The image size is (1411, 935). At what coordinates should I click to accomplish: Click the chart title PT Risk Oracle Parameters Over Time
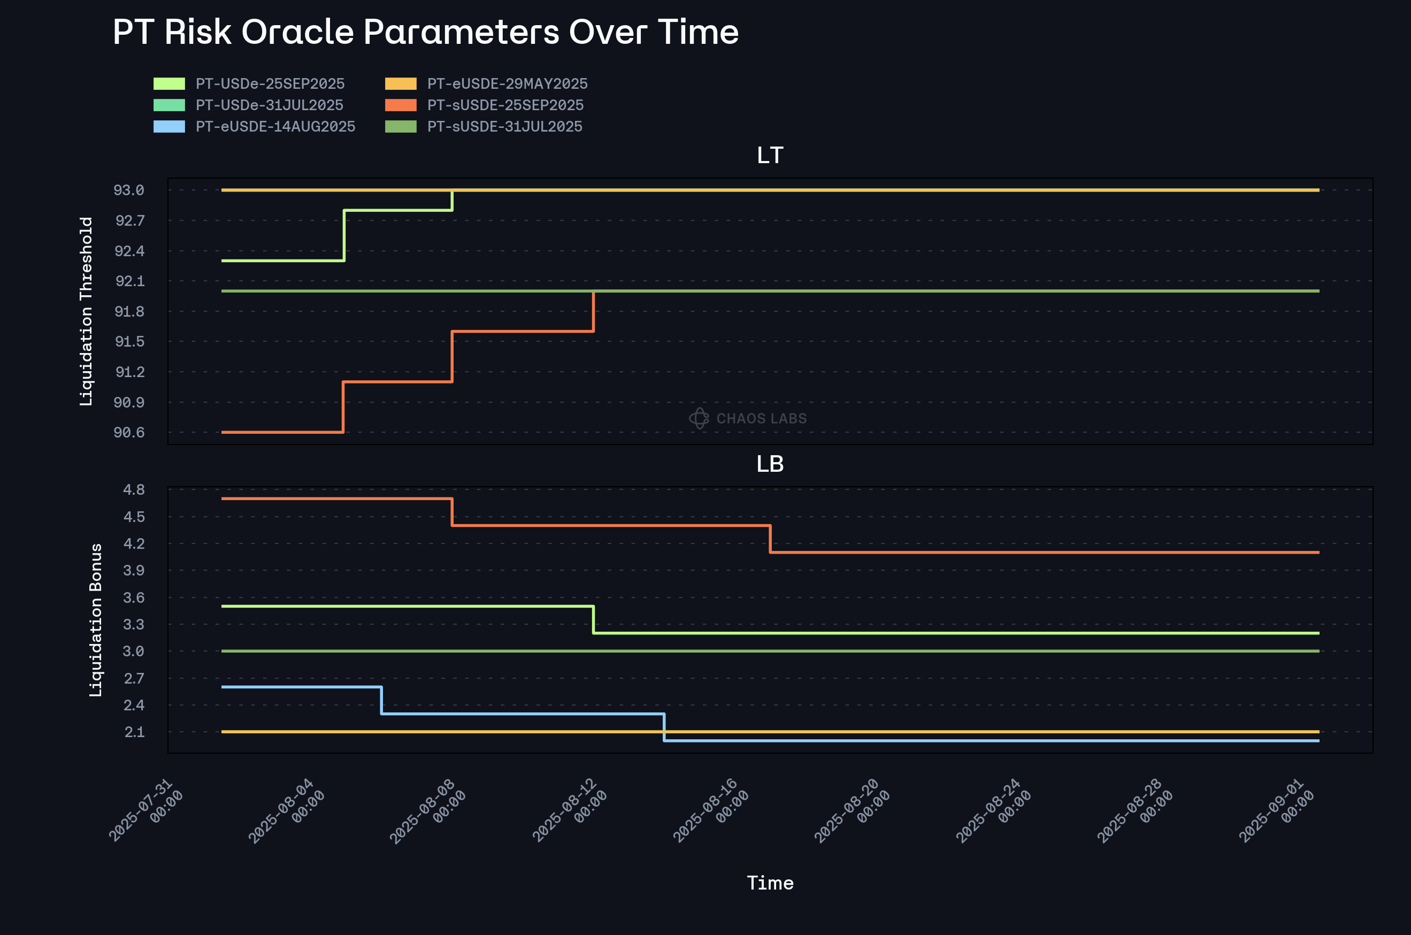[425, 32]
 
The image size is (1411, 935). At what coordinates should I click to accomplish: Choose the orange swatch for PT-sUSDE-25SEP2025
[401, 105]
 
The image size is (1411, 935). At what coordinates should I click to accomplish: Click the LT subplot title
[770, 156]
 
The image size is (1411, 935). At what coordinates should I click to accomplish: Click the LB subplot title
[770, 464]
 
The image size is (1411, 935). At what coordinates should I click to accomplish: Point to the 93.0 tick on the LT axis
[129, 190]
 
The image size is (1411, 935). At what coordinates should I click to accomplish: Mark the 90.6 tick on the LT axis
[129, 432]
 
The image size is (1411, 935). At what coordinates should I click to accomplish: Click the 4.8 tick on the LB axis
[134, 489]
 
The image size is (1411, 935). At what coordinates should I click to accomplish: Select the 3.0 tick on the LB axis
[134, 651]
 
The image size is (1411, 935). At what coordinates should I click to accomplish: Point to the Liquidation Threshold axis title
[87, 311]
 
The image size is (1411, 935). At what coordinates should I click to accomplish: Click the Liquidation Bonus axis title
[95, 619]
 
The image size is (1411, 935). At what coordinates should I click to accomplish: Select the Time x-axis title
[770, 883]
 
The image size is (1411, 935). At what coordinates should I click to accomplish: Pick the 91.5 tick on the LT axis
[129, 342]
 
